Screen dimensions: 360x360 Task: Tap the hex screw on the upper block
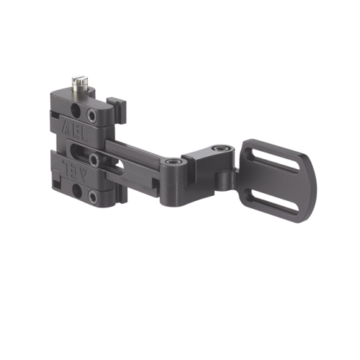coord(92,115)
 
